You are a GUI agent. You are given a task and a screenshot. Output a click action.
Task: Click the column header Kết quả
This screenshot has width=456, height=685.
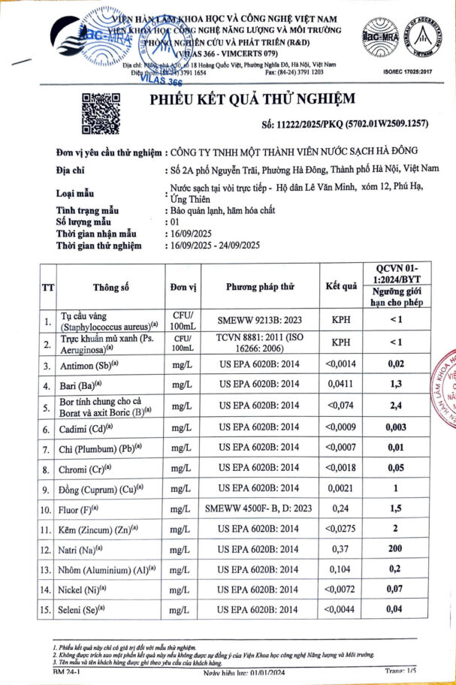340,287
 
